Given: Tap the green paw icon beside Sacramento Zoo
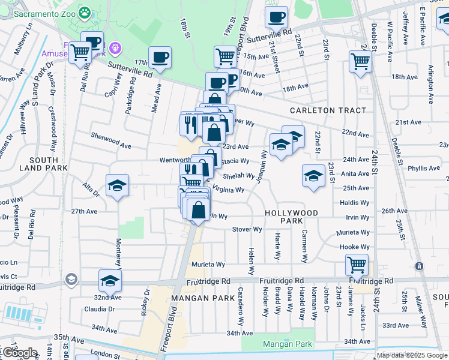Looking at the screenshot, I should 87,13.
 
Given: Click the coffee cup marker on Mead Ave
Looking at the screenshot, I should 160,58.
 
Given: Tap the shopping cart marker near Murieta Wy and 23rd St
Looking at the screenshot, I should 357,264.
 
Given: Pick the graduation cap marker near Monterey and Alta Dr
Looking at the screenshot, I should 117,185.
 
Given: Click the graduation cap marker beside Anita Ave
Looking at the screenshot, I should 313,175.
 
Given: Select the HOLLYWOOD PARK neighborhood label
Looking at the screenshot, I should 292,213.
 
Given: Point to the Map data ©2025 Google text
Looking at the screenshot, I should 411,355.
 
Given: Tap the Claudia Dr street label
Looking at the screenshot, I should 99,310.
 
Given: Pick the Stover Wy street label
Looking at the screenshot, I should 247,229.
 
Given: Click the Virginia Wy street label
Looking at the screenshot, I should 228,190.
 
